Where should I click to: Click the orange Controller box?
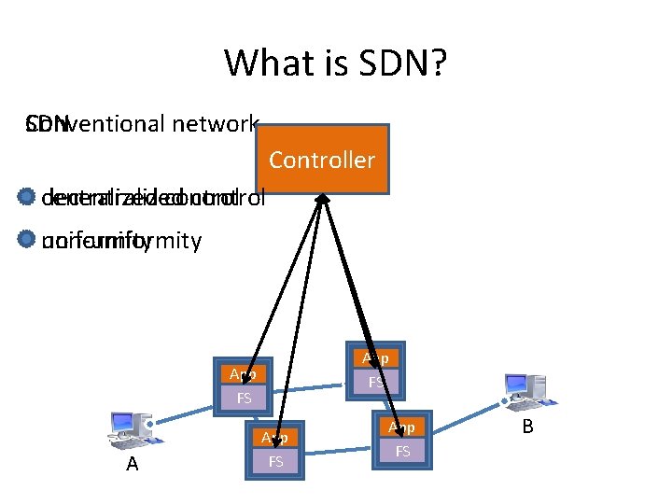pos(321,159)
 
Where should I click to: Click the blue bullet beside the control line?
pos(25,198)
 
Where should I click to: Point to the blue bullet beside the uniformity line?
pos(25,240)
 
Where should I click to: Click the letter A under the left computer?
pos(132,464)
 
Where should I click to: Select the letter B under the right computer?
pos(527,427)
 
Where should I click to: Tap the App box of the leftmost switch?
pos(244,373)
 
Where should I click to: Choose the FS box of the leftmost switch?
pos(244,398)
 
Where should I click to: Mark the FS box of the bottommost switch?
pos(276,461)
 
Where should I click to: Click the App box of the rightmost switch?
pos(402,427)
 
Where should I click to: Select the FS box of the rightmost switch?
pos(402,451)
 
